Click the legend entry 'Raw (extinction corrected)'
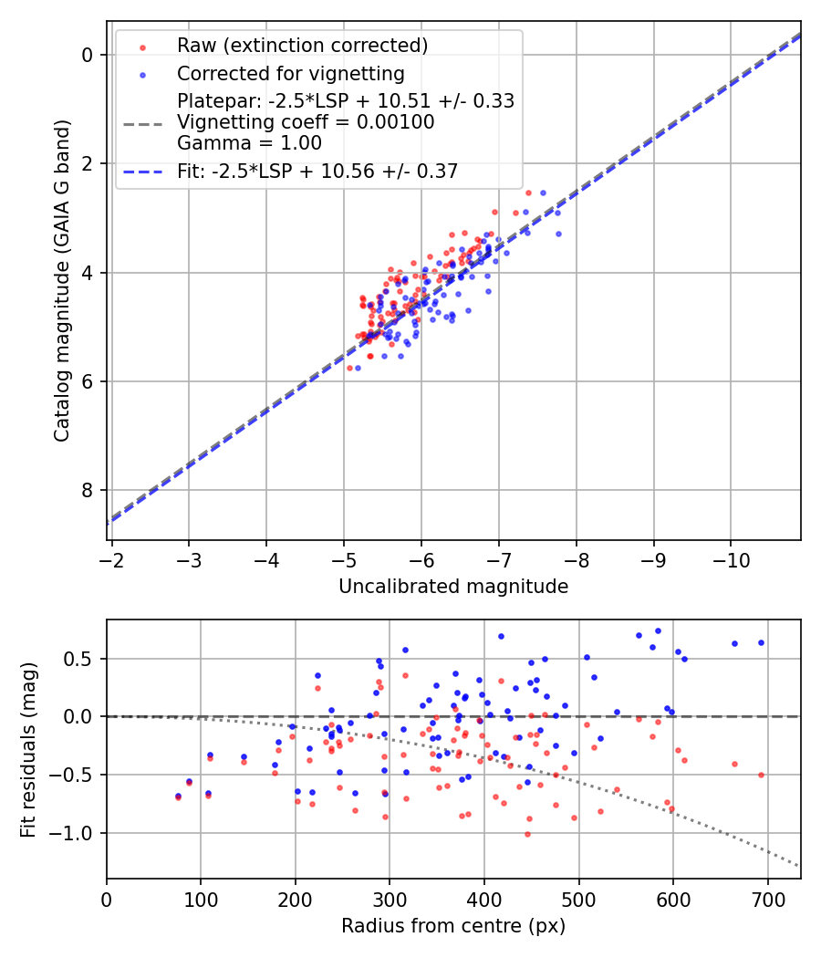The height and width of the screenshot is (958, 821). (302, 46)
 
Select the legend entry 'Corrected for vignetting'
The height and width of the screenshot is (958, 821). (291, 73)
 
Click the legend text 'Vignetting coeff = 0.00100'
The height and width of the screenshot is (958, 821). (306, 121)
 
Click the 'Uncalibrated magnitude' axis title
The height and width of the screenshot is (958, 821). (453, 587)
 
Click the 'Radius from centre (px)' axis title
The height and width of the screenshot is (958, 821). (453, 926)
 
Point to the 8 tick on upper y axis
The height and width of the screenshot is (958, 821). (88, 491)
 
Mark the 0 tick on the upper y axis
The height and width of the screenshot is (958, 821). (88, 55)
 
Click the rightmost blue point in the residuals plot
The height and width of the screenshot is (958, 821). (761, 642)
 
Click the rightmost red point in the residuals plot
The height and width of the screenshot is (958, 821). (761, 775)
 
